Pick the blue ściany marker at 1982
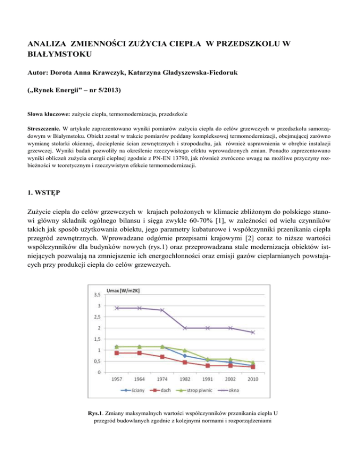[x=185, y=356]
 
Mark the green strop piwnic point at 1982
[x=185, y=351]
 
